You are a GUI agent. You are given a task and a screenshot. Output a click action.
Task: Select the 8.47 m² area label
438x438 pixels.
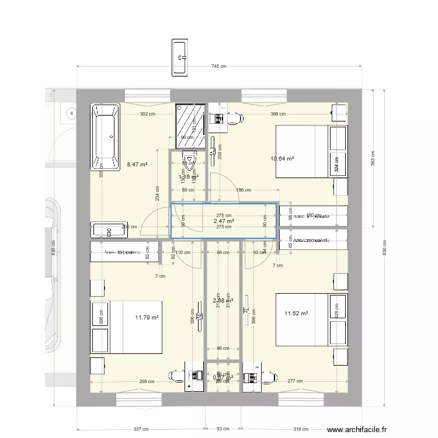click(137, 165)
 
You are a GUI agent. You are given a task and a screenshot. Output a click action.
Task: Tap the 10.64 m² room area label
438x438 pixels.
click(281, 158)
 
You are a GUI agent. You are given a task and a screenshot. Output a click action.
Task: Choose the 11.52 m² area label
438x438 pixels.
click(296, 314)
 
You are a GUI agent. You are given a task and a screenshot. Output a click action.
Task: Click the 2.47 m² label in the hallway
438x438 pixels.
click(223, 221)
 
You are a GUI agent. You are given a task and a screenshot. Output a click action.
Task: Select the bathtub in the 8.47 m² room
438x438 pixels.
click(105, 137)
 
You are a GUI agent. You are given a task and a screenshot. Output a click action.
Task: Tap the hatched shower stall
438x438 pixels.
click(190, 126)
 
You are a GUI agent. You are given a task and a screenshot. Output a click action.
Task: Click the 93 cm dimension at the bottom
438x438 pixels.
click(223, 429)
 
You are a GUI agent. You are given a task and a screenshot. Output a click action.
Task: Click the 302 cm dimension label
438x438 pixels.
click(147, 114)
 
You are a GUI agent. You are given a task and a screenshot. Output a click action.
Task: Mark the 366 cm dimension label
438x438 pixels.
click(277, 114)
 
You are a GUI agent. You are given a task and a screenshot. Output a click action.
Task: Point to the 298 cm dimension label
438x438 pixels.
click(147, 382)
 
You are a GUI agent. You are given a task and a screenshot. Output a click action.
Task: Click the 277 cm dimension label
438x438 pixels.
click(296, 382)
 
